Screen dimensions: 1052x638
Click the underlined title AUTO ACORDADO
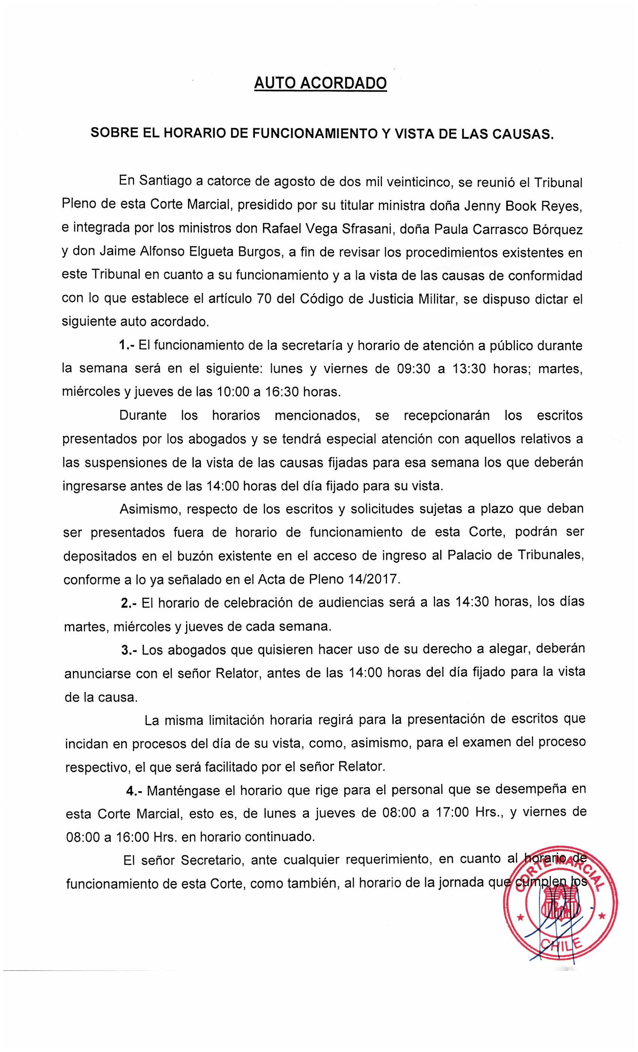(320, 83)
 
